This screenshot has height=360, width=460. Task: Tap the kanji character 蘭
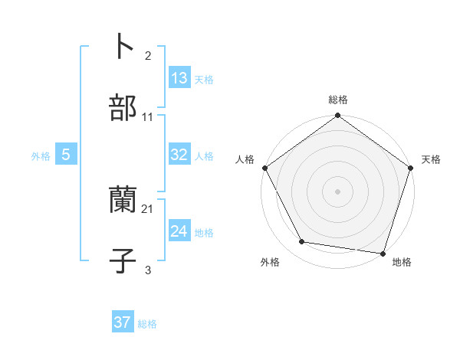(x=123, y=200)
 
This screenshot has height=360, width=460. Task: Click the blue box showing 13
(x=179, y=78)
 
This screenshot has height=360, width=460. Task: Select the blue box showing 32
(x=179, y=155)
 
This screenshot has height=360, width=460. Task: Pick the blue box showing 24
(x=179, y=231)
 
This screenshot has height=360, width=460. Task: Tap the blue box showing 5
(x=66, y=155)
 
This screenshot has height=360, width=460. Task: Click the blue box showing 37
(x=123, y=322)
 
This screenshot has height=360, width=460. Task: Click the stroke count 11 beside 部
(x=148, y=117)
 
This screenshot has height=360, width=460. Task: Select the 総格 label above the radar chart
(x=338, y=100)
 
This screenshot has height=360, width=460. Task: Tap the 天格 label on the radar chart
(x=431, y=159)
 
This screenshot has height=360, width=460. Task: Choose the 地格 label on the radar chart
(x=402, y=262)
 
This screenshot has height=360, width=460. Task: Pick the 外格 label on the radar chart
(x=270, y=262)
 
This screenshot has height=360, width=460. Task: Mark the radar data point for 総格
(x=338, y=116)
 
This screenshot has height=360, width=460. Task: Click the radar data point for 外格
(x=302, y=242)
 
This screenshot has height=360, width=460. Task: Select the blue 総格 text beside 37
(x=147, y=324)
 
